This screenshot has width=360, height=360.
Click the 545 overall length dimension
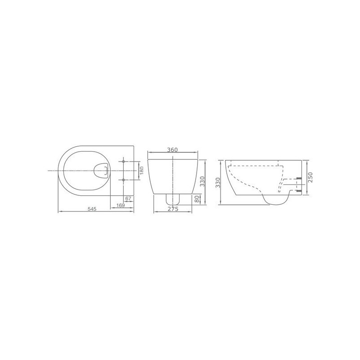[92, 209]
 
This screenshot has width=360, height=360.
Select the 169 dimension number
[120, 205]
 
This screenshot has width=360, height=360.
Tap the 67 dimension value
[128, 198]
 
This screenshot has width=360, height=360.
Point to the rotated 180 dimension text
[142, 171]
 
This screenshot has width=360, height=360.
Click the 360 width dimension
[172, 150]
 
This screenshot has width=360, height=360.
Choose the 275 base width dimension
[173, 209]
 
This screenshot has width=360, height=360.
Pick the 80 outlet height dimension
[197, 199]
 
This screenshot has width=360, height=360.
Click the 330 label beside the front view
[202, 181]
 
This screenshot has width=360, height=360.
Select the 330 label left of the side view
[218, 183]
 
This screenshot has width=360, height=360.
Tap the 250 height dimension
[310, 177]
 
